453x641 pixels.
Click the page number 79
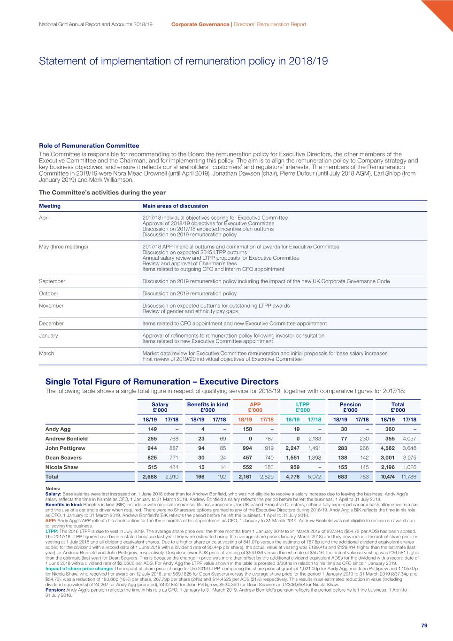(x=424, y=625)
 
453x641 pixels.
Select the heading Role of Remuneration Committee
(x=89, y=146)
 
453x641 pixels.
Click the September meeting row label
(x=52, y=281)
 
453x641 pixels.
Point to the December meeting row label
(x=51, y=324)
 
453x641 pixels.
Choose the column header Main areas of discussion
(x=175, y=206)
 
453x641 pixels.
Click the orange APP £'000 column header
(x=255, y=407)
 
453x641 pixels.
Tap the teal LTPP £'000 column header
(x=303, y=407)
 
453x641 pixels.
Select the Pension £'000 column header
(x=350, y=407)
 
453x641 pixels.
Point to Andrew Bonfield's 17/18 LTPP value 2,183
(x=315, y=439)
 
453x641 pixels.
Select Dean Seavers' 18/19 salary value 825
(x=152, y=457)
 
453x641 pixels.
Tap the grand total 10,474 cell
(x=387, y=477)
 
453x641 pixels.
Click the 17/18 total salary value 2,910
(x=172, y=477)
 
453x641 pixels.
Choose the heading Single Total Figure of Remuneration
(x=162, y=381)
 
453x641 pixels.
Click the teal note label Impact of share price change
(x=79, y=568)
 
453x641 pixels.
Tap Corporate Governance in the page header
(x=200, y=24)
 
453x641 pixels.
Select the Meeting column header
(x=50, y=206)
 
